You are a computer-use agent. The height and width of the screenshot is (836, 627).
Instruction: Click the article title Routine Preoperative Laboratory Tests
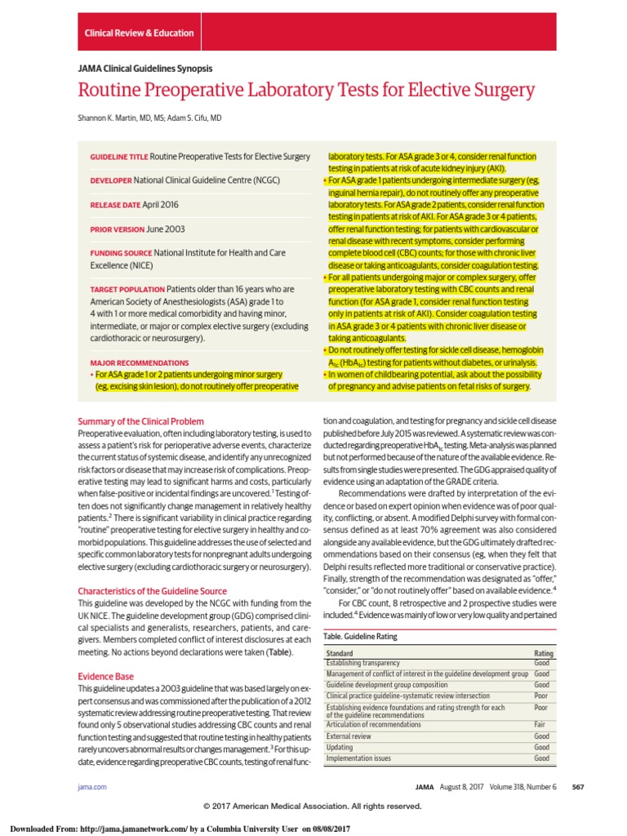point(306,90)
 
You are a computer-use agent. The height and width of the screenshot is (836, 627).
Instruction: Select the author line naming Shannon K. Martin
point(149,118)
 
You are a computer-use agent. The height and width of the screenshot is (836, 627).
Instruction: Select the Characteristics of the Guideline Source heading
point(151,591)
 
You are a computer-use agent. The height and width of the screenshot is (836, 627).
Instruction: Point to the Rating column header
point(543,654)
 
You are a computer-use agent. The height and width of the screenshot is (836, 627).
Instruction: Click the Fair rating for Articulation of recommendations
point(541,724)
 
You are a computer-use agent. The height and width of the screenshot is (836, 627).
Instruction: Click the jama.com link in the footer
point(87,786)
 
